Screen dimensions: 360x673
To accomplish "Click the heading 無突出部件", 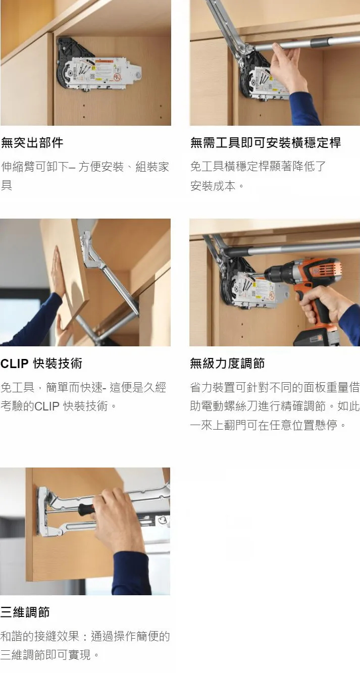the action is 32,142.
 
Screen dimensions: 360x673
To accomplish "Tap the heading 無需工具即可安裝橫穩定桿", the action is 266,142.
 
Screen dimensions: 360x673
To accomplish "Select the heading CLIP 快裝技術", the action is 41,363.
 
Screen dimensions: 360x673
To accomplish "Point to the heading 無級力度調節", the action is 228,363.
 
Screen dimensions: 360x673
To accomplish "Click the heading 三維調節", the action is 25,612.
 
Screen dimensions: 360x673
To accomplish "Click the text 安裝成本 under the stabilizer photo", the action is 213,186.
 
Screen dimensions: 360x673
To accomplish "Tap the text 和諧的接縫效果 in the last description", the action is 40,636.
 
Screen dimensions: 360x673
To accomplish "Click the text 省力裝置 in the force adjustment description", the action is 213,388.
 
